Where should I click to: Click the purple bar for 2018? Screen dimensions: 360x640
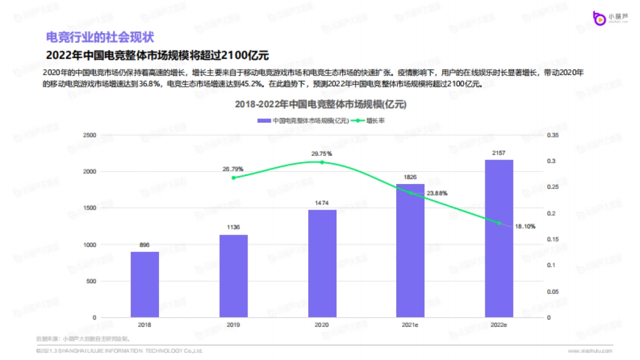145,284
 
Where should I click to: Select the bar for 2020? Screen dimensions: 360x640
322,263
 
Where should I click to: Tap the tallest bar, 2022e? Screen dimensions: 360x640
499,238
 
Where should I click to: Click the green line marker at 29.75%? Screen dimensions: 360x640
322,162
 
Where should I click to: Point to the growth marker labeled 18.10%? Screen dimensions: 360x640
499,223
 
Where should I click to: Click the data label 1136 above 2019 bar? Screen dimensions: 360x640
233,228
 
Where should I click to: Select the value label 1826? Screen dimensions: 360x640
410,177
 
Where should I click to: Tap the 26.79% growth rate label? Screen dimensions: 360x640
233,169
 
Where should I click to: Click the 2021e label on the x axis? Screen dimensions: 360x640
410,324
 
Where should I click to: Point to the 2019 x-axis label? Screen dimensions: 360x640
233,324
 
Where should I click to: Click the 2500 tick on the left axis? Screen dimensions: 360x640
90,135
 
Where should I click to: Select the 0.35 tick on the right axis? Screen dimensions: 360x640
553,135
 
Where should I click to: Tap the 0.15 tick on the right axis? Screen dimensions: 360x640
553,239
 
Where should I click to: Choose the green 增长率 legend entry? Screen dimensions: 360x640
371,121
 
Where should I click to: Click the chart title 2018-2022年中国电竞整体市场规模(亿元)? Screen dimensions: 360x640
321,105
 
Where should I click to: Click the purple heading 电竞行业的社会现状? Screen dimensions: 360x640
100,37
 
